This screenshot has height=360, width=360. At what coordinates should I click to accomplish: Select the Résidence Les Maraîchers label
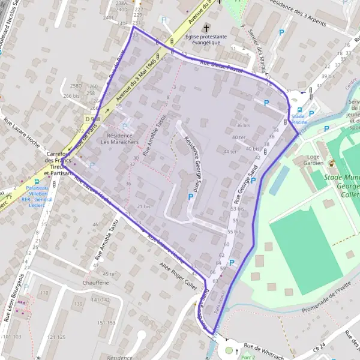point(120,139)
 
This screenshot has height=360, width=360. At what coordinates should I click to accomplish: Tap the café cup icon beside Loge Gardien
point(331,163)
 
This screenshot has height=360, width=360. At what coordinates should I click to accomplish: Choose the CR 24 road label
point(321,347)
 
